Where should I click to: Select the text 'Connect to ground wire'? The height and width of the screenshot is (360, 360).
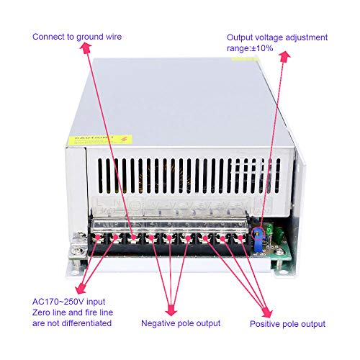(78, 37)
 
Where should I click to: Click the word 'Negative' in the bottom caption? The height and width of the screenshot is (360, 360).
(159, 323)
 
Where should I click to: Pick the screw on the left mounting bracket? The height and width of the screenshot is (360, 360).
(75, 251)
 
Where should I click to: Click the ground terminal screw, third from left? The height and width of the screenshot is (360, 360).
(132, 236)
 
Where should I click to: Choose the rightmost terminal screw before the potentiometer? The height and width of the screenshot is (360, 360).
(244, 236)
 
